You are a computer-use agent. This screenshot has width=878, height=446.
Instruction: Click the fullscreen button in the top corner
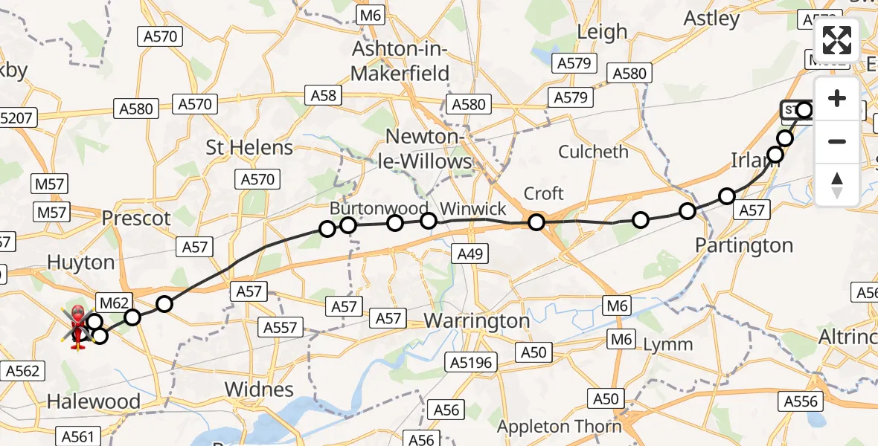pyautogui.click(x=837, y=40)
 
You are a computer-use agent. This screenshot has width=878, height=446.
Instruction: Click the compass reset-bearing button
pyautogui.click(x=837, y=184)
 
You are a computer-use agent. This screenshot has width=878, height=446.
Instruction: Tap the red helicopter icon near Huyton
pyautogui.click(x=77, y=326)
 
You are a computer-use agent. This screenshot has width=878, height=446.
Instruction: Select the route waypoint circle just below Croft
pyautogui.click(x=536, y=222)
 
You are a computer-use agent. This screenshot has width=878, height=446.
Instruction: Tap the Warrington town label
pyautogui.click(x=476, y=321)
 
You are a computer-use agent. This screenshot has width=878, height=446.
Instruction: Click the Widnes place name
pyautogui.click(x=259, y=390)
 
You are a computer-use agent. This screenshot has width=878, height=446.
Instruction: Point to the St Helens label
pyautogui.click(x=249, y=147)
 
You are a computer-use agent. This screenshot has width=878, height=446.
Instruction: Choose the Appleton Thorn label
pyautogui.click(x=559, y=427)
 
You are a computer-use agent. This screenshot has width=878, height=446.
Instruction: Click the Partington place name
pyautogui.click(x=744, y=245)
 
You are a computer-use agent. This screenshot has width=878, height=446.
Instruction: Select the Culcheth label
pyautogui.click(x=593, y=152)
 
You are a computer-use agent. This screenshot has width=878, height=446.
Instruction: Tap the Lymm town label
pyautogui.click(x=667, y=345)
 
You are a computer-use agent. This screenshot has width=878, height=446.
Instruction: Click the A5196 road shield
pyautogui.click(x=471, y=362)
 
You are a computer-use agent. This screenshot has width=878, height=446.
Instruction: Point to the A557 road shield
pyautogui.click(x=281, y=326)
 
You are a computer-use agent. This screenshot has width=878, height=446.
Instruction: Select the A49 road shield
pyautogui.click(x=470, y=255)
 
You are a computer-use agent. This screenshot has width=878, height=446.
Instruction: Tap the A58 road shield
pyautogui.click(x=323, y=95)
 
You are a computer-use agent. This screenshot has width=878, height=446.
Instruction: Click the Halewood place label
pyautogui.click(x=93, y=402)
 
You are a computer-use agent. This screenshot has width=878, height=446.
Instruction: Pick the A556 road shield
pyautogui.click(x=801, y=402)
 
